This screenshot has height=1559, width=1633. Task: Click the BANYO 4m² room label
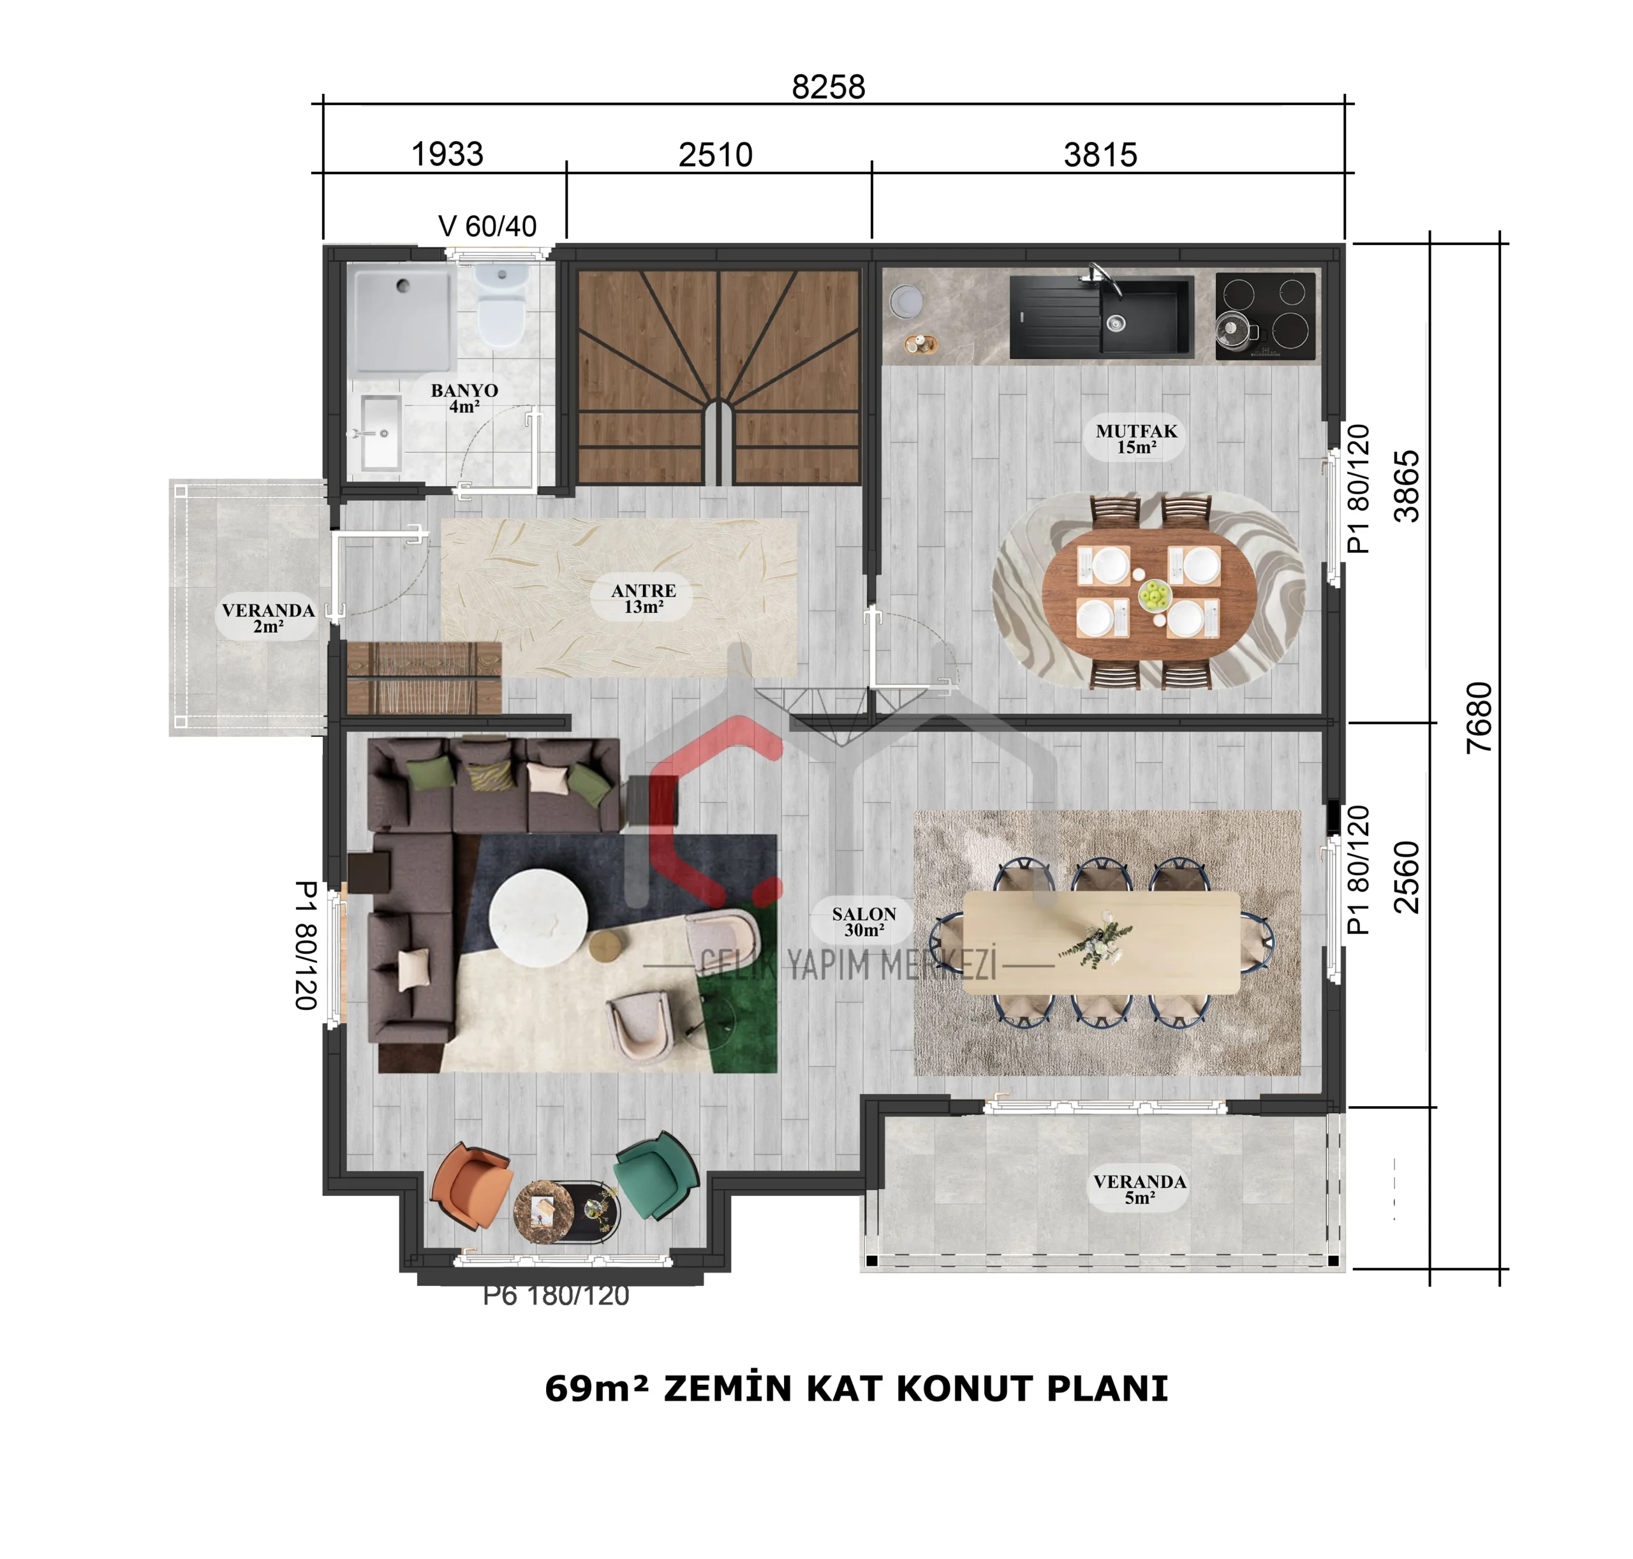464,398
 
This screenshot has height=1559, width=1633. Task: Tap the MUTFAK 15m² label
1136,439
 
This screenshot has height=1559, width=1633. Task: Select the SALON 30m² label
864,922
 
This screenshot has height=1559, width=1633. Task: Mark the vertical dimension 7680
1479,718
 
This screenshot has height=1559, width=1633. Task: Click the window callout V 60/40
487,226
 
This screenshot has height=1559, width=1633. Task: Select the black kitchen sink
1101,316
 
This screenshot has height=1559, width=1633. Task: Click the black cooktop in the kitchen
1265,316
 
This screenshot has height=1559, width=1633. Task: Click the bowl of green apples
1153,595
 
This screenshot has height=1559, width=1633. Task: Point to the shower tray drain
403,286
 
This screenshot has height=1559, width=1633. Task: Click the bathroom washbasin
381,432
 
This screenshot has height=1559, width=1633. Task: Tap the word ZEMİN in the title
727,1388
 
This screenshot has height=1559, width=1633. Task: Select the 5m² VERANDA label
1139,1189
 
